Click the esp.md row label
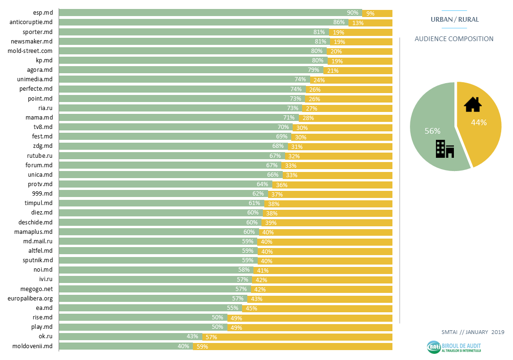tap(43, 13)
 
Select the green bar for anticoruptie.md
tap(203, 22)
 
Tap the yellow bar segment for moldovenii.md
tap(293, 346)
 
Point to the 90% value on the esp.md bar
tap(353, 13)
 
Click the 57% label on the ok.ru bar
tap(211, 337)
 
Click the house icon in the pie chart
tap(472, 104)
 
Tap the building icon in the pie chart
tap(444, 149)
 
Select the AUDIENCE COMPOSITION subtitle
tap(454, 39)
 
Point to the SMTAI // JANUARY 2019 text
tap(473, 332)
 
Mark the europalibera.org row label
tap(30, 299)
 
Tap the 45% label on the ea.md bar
tap(251, 309)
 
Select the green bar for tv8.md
tap(175, 127)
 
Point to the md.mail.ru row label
tap(38, 241)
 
